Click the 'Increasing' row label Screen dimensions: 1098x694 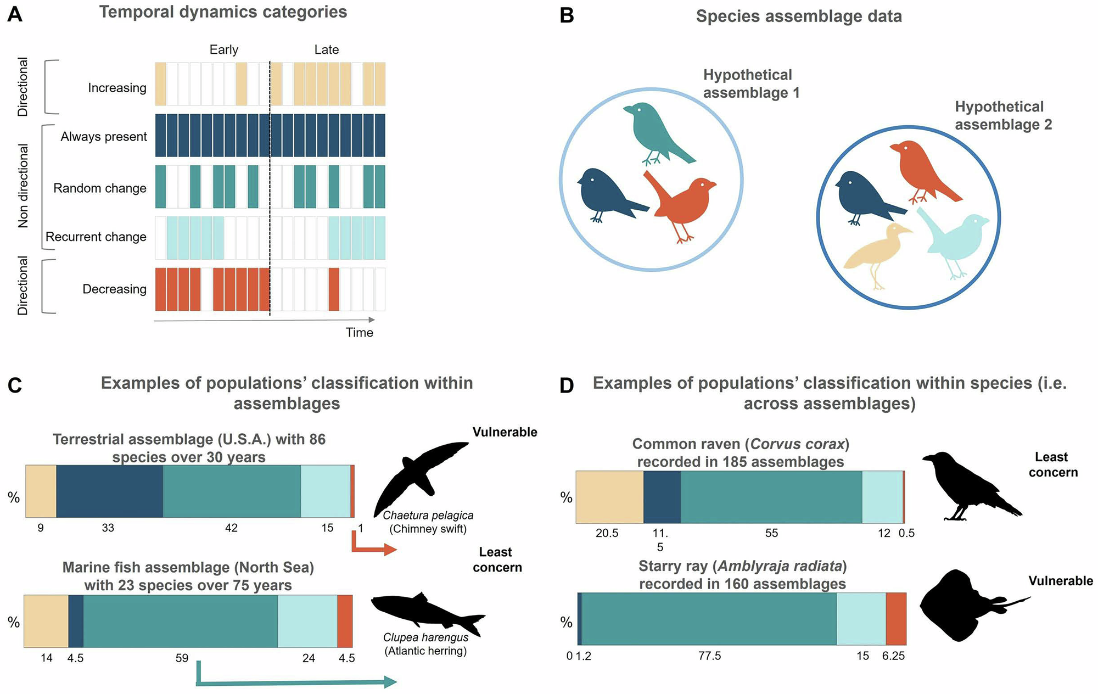tap(117, 88)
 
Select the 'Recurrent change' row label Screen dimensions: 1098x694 tap(96, 237)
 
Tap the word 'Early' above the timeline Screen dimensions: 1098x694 tap(224, 50)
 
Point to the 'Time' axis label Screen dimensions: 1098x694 tap(360, 332)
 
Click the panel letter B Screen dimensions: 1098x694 tap(567, 15)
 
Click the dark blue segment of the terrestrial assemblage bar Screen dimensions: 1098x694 tap(109, 491)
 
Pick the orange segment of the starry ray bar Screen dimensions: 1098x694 tap(896, 619)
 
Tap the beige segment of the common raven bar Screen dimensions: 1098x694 tap(609, 497)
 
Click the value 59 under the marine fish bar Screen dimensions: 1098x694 tap(182, 658)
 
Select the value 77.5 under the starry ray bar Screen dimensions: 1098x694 tap(710, 656)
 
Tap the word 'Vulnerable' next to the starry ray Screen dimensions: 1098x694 tap(1061, 581)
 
